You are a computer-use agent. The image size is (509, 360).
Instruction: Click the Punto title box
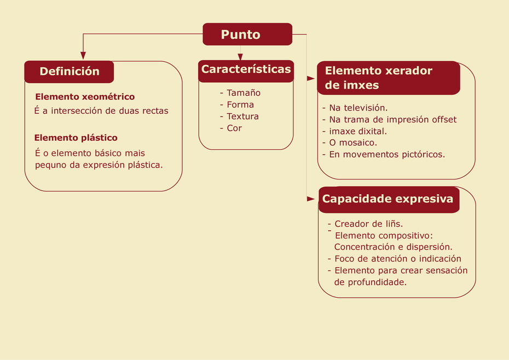tap(247, 34)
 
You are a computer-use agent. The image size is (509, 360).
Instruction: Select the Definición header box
tap(69, 72)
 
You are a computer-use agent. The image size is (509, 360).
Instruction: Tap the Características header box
tap(246, 71)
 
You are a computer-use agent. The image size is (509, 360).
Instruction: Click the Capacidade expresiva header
tap(389, 200)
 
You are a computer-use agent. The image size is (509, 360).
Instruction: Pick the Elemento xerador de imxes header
tap(389, 78)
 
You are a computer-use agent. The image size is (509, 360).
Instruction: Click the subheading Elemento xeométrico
tap(85, 97)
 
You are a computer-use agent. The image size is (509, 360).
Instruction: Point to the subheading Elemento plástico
tap(76, 138)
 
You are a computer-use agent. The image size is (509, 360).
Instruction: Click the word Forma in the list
tap(240, 104)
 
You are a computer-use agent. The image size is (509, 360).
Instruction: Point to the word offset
tap(444, 119)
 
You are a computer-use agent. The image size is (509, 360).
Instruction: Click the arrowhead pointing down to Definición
tap(83, 55)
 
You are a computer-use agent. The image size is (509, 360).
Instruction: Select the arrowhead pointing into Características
tap(240, 57)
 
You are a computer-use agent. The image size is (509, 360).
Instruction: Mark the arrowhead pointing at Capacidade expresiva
tap(311, 199)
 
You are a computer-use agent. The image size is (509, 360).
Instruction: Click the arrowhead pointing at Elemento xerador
tap(311, 79)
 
